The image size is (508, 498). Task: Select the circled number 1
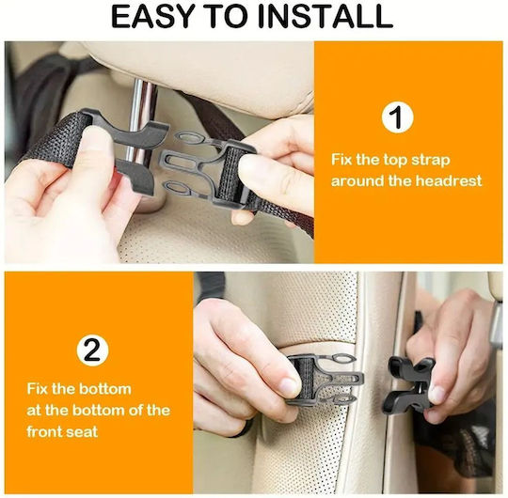[397, 117]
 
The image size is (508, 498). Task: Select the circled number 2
[92, 350]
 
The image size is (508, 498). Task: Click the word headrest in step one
[449, 180]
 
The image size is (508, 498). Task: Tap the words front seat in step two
[62, 431]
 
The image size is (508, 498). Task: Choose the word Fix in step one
[341, 160]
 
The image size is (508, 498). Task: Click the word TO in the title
[226, 17]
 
